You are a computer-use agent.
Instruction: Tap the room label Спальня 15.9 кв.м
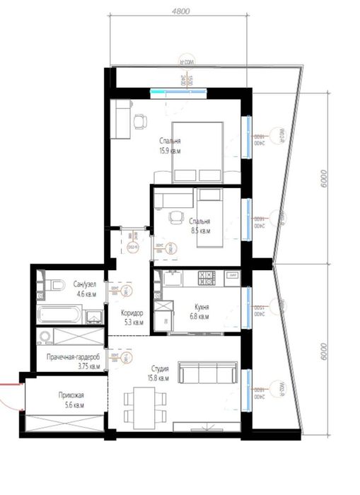[x=170, y=145]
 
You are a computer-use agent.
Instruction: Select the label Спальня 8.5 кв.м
[x=199, y=225]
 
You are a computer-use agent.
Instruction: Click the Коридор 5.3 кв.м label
[x=132, y=318]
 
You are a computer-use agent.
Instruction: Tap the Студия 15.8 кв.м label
[x=160, y=373]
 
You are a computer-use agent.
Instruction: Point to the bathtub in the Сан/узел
[x=60, y=313]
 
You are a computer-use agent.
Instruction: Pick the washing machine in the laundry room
[x=47, y=337]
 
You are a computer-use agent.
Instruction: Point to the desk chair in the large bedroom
[x=139, y=122]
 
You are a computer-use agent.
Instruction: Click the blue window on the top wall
[x=178, y=91]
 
